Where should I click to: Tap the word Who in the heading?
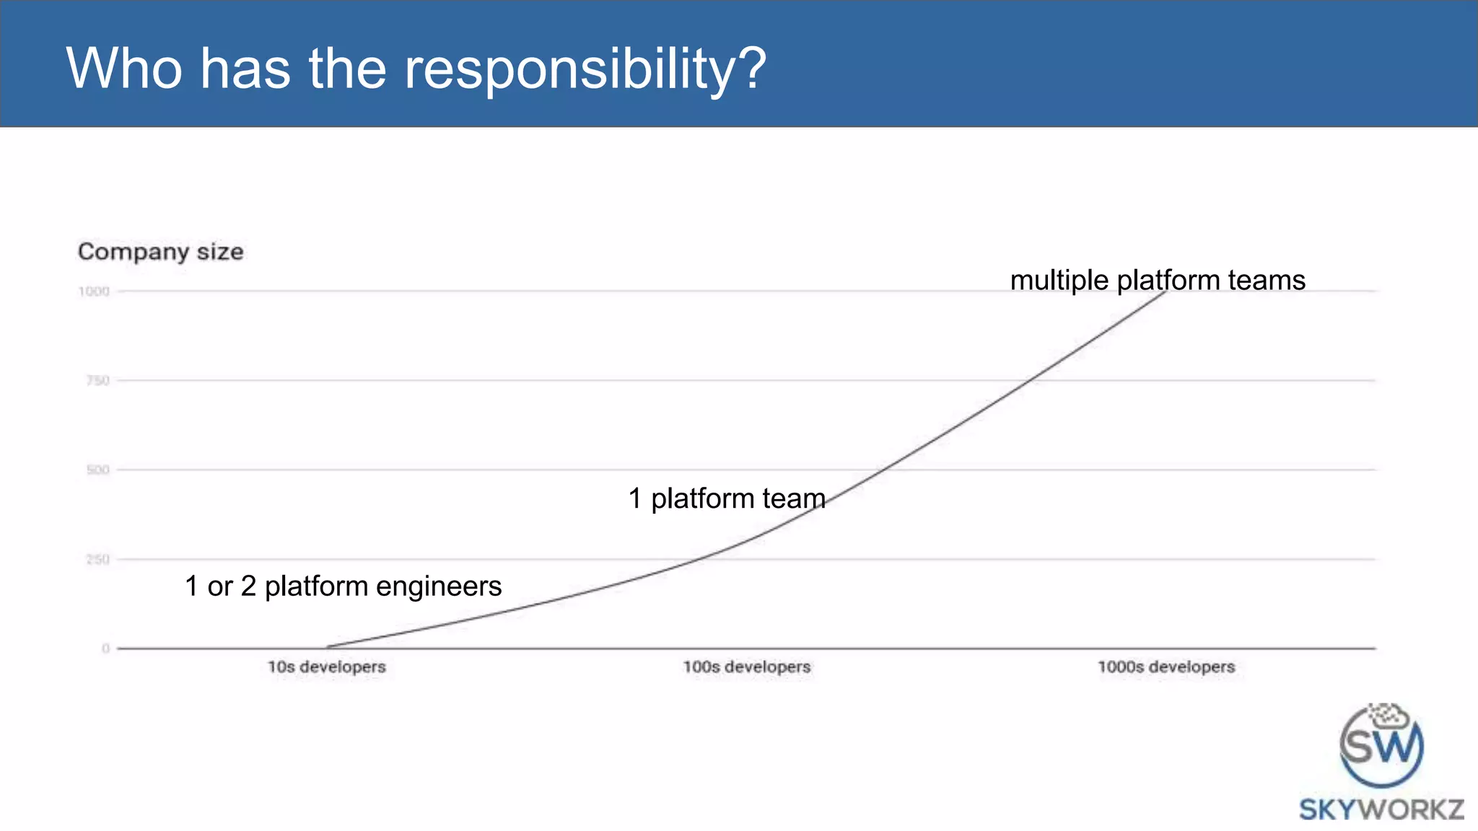click(x=124, y=69)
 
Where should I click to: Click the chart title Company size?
click(x=160, y=252)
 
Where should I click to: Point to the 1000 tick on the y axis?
click(x=94, y=291)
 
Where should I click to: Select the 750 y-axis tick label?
click(x=97, y=381)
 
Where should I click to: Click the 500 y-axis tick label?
click(x=97, y=470)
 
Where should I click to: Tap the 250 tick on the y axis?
click(x=97, y=560)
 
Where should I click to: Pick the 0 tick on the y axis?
click(x=106, y=648)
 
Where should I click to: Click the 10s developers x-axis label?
click(x=326, y=667)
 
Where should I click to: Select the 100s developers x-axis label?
click(x=747, y=667)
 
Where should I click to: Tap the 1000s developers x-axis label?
click(x=1166, y=667)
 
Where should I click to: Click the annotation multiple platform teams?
click(x=1157, y=280)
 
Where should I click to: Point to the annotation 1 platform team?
click(x=726, y=498)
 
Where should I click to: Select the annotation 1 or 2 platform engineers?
click(x=343, y=586)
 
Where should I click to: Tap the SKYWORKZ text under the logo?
click(x=1381, y=809)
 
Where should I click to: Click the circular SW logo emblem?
click(x=1381, y=746)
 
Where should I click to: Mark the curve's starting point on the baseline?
click(x=327, y=647)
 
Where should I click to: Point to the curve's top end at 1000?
click(x=1165, y=291)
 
